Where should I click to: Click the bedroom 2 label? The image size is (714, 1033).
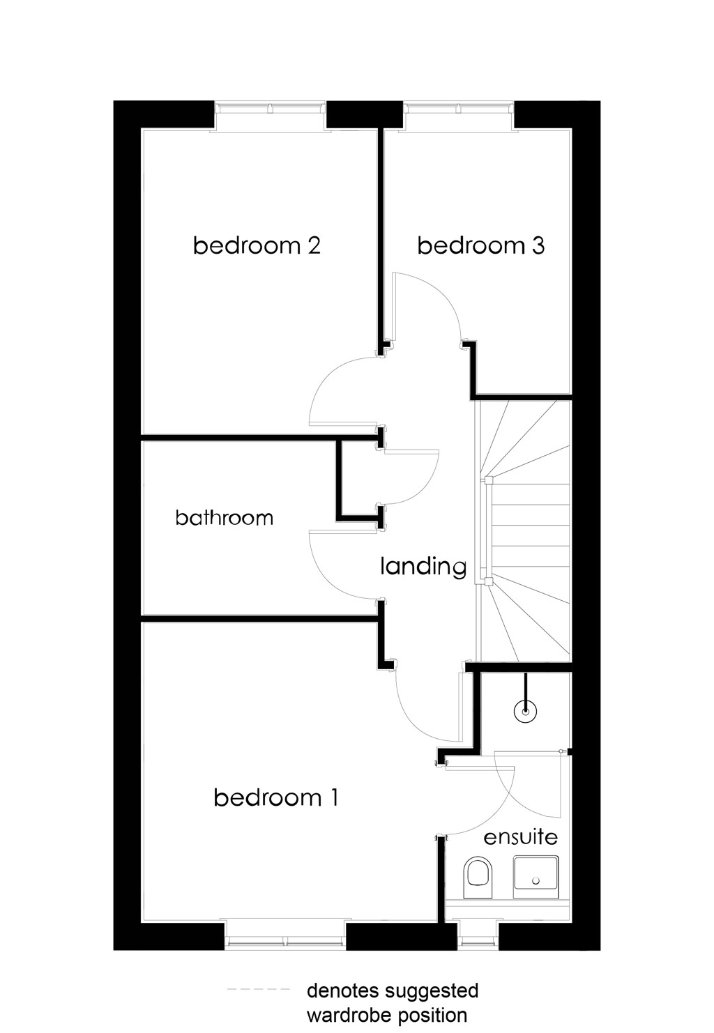pos(257,245)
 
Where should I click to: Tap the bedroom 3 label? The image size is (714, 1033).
pos(480,245)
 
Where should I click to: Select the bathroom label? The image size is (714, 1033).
pos(224,517)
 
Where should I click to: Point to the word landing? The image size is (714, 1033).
pos(423,567)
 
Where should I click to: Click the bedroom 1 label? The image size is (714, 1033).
pos(276,797)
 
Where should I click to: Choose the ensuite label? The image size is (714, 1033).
pos(520,837)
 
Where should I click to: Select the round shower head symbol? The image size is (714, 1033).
pos(525,712)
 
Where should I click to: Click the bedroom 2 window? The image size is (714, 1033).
pos(270,109)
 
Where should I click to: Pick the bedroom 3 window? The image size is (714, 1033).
pos(458,109)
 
